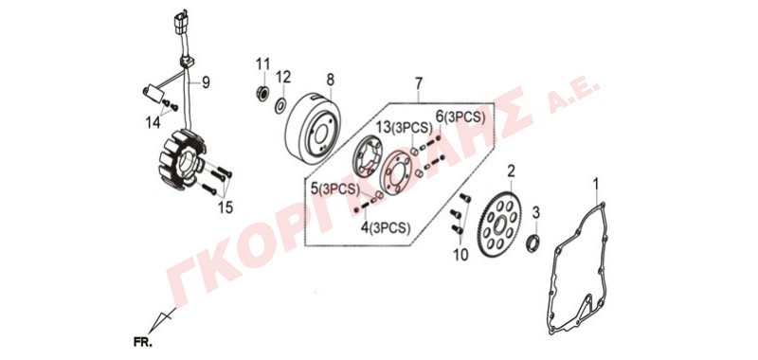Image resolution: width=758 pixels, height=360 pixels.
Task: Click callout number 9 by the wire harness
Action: point(206,83)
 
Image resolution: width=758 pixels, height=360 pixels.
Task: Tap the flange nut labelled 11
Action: point(262,92)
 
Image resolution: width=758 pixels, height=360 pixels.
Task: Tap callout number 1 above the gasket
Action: point(596,184)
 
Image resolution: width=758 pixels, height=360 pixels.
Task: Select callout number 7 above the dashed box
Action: point(419,83)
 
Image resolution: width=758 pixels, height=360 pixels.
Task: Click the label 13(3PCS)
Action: point(405,128)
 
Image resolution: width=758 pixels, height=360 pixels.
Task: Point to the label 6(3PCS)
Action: point(460,117)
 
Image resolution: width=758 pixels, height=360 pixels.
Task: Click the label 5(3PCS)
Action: point(335,189)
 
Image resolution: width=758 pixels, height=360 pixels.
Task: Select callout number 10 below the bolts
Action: point(461,255)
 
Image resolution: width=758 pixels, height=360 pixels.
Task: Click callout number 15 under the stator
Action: point(226,207)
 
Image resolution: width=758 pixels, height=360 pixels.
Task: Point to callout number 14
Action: point(153,123)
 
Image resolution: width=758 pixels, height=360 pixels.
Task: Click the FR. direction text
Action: point(143,343)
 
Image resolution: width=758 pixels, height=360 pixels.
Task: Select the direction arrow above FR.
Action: point(162,320)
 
